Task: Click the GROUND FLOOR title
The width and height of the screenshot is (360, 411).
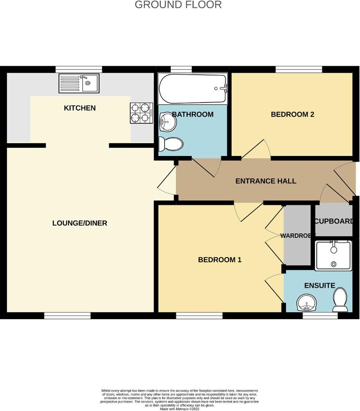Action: (178, 5)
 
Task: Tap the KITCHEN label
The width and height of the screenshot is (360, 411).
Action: (80, 108)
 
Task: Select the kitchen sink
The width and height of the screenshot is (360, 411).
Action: (79, 83)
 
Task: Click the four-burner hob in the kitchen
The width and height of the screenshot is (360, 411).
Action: (142, 113)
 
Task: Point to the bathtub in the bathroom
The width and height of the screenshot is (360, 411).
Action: (193, 89)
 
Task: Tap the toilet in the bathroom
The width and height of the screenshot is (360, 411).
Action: (171, 144)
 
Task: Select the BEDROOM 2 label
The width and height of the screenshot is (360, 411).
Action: (292, 114)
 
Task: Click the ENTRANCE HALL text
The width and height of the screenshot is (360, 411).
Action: (266, 181)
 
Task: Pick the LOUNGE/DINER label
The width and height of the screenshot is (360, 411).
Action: (80, 223)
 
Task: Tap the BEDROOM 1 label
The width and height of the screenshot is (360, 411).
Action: (220, 260)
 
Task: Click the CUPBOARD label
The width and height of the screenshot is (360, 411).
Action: (333, 221)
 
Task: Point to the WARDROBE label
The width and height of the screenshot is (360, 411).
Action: (297, 236)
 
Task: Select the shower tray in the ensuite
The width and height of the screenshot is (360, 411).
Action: (333, 256)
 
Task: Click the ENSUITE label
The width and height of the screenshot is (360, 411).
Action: (320, 285)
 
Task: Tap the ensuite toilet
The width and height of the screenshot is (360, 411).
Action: (340, 299)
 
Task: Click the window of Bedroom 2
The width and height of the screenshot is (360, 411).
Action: (299, 70)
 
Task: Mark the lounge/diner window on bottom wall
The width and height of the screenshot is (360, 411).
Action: (67, 315)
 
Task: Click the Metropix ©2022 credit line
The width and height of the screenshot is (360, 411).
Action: (180, 409)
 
